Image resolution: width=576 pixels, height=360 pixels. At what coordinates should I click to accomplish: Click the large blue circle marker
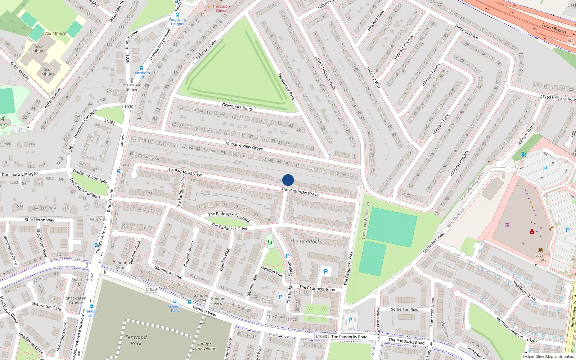point(288,180)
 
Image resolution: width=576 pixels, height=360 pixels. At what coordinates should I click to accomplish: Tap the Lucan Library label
point(540,257)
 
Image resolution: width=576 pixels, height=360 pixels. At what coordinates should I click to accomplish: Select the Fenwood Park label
point(136,340)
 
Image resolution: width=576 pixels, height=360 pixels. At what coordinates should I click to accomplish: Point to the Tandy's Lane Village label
point(204,346)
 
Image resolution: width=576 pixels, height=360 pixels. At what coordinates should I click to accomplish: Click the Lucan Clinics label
point(221,8)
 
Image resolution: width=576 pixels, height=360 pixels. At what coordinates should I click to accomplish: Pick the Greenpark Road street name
point(237,107)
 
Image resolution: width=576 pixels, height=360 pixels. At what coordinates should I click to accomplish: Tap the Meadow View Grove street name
point(244,145)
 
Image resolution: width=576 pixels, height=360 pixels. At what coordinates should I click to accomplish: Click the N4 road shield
point(571,40)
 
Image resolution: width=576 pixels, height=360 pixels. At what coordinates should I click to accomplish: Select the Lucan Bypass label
point(554,28)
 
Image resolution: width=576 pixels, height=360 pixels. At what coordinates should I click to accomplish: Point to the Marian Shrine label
point(132,87)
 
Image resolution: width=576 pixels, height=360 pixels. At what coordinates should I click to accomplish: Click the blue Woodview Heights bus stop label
point(177,22)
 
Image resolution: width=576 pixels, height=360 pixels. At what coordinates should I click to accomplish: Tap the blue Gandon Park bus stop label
point(175,309)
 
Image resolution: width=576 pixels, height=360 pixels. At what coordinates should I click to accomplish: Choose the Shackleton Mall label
point(82,282)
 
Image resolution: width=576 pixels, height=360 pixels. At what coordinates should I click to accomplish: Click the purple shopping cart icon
point(507,225)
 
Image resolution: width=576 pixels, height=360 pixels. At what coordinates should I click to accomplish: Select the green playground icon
point(270,242)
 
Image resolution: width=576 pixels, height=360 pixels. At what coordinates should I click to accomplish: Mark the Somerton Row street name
point(404,309)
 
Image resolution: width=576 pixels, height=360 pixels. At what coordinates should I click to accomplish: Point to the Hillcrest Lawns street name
point(431,75)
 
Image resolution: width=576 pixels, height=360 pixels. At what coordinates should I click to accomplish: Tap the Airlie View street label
point(98,219)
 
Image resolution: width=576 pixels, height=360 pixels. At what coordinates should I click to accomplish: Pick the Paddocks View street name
point(184,171)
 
